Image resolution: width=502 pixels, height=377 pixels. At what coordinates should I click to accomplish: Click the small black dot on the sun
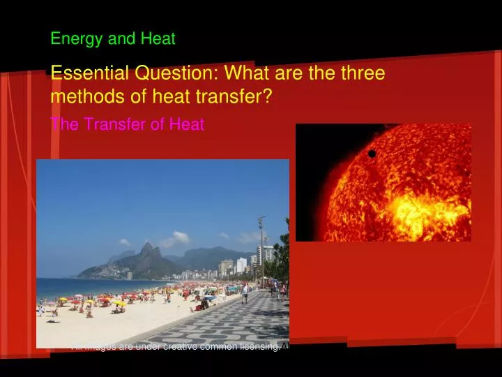pyautogui.click(x=372, y=154)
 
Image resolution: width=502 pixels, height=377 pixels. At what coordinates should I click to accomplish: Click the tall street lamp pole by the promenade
pyautogui.click(x=261, y=251)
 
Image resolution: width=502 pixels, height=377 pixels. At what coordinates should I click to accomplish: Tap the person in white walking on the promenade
pyautogui.click(x=245, y=293)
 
